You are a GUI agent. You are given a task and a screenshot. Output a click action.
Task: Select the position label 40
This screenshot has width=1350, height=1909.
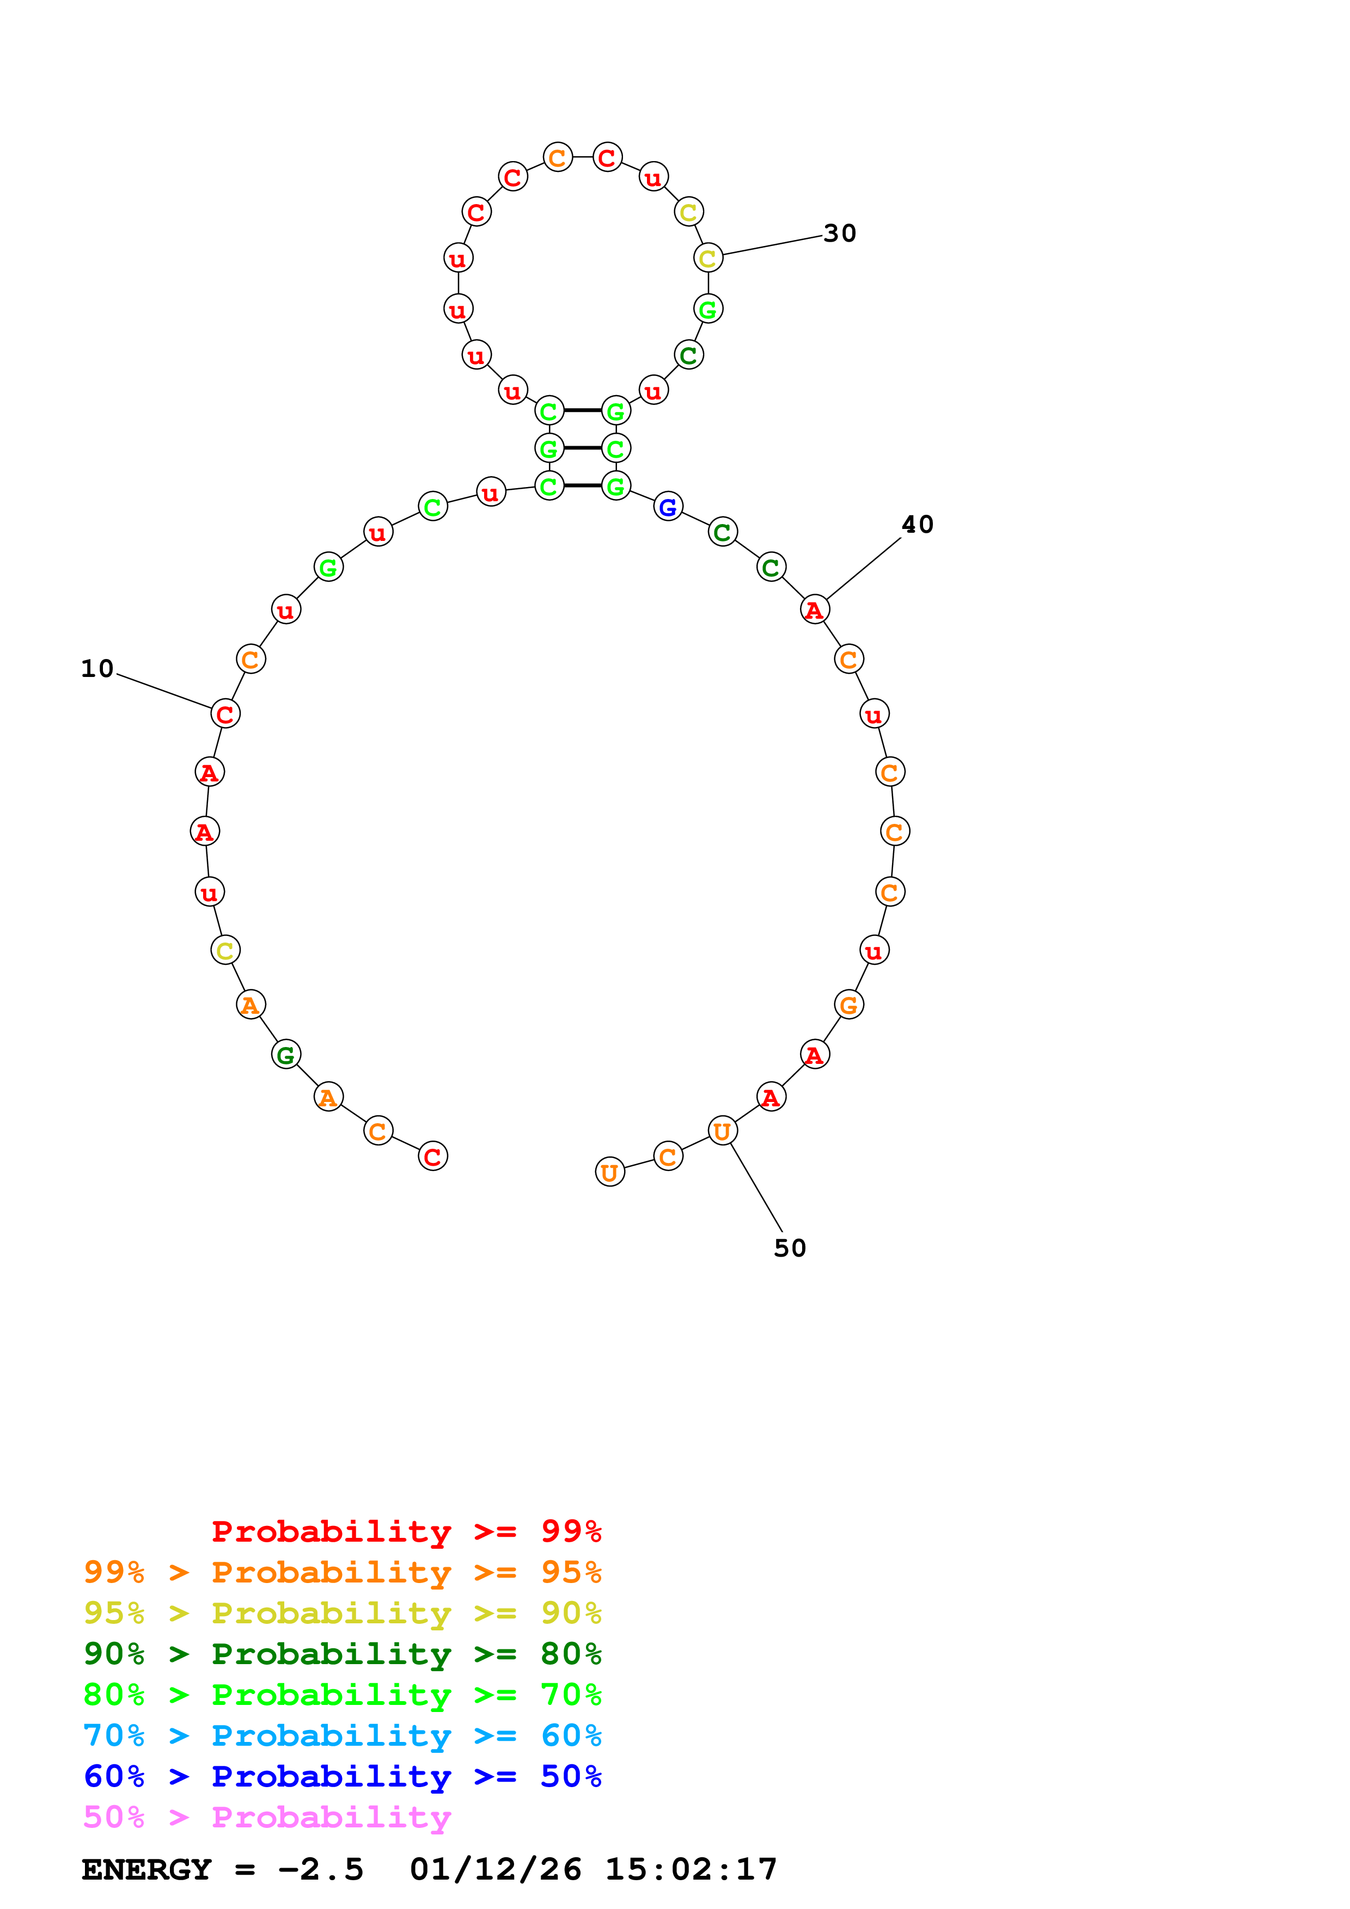coord(918,525)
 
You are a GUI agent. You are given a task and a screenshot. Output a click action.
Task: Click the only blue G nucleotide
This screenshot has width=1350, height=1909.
coord(668,506)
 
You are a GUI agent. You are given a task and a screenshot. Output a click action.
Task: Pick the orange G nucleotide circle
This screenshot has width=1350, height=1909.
coord(848,1005)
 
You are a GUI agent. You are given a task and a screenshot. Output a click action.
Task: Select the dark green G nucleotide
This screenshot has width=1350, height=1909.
coord(286,1054)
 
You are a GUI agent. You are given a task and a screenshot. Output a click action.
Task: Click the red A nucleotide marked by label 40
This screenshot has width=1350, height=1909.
coord(814,609)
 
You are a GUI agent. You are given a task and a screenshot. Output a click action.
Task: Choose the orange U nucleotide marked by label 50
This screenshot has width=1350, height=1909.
coord(722,1131)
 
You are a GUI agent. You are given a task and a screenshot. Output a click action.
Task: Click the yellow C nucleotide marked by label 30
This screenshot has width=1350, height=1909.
coord(708,258)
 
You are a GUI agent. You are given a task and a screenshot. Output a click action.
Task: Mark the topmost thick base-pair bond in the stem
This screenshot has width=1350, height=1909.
coord(582,410)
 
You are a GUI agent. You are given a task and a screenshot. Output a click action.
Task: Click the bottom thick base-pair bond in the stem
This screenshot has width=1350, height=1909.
coord(582,485)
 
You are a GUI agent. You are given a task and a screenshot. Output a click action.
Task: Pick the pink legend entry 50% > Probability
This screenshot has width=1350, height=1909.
coord(267,1816)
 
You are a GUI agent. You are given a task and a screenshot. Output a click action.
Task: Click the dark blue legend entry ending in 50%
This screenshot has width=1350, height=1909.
coord(342,1776)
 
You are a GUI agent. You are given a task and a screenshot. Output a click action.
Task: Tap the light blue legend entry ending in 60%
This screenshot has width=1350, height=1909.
coord(342,1735)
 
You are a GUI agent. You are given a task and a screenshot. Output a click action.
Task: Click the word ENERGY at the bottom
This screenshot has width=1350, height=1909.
coord(146,1870)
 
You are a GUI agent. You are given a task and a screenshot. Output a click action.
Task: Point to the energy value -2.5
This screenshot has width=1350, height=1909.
coord(320,1870)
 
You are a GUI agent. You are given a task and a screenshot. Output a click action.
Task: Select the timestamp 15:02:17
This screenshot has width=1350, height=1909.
coord(691,1870)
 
